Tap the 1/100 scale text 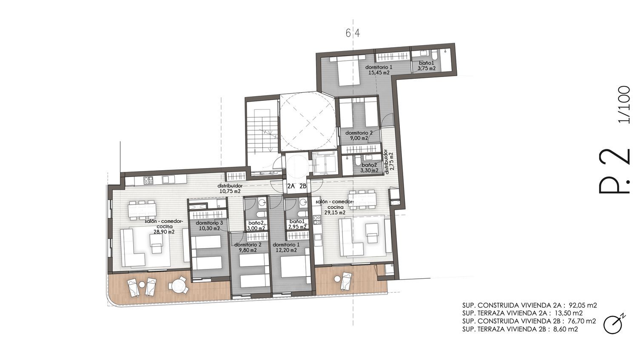tap(624, 104)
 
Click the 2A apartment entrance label tap(291, 186)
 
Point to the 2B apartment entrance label tap(303, 186)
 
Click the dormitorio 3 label tap(209, 223)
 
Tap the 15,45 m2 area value tap(379, 73)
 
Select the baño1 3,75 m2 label tap(426, 66)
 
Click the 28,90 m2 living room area tap(164, 232)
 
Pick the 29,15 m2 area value tap(335, 213)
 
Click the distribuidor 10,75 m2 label tap(230, 189)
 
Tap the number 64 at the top tap(353, 34)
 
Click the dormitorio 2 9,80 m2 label tap(248, 247)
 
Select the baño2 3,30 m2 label tap(370, 168)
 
